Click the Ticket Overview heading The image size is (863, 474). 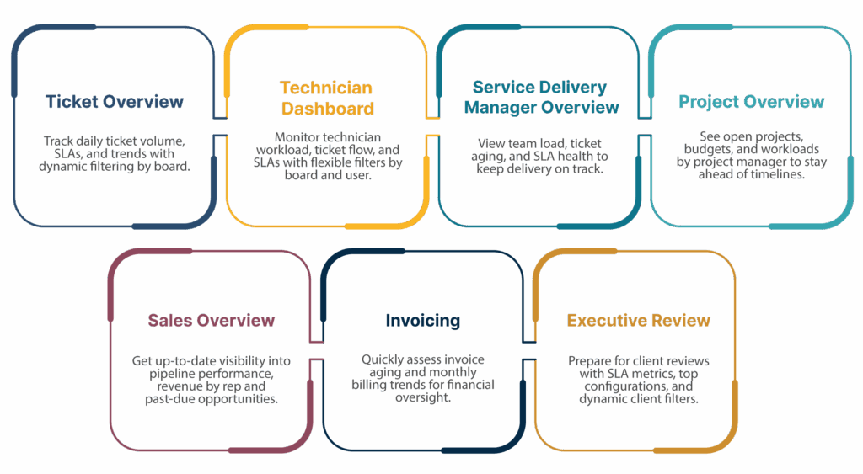(114, 102)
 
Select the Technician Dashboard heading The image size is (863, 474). (326, 99)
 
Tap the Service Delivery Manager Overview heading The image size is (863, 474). (541, 97)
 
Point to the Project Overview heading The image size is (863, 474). (751, 102)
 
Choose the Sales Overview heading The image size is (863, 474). (211, 321)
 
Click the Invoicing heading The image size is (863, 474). (423, 321)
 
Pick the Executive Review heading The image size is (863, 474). (638, 321)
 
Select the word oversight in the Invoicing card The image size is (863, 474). (423, 397)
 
